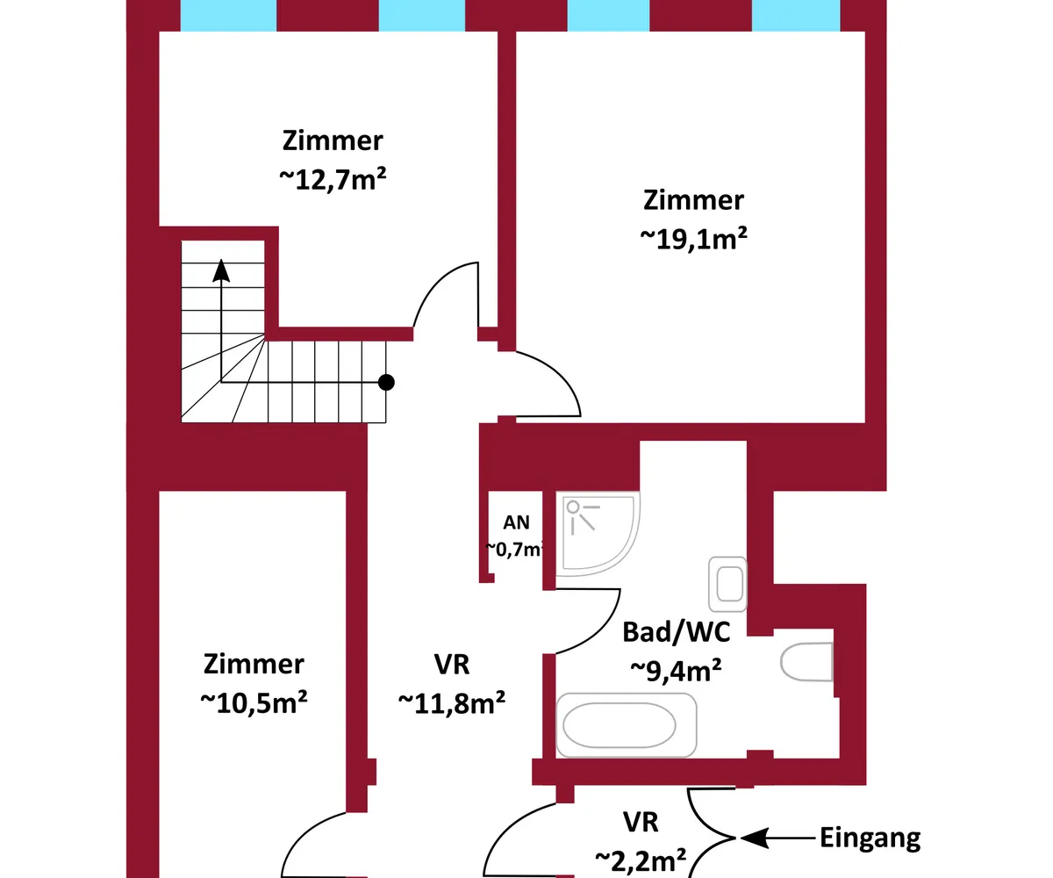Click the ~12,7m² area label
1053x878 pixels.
333,179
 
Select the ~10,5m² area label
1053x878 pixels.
254,702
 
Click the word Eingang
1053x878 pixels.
870,838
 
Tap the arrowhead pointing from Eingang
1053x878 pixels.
751,838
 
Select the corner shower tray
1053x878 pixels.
597,533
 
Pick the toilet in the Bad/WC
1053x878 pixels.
806,661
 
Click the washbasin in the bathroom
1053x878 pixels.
727,583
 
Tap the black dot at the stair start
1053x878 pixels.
385,382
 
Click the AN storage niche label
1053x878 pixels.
516,523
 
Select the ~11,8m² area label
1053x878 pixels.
451,702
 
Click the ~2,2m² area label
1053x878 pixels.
641,859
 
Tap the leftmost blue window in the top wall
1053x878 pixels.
228,15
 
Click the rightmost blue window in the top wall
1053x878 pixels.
796,15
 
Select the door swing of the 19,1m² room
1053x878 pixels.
549,383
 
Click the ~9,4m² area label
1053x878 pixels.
676,670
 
